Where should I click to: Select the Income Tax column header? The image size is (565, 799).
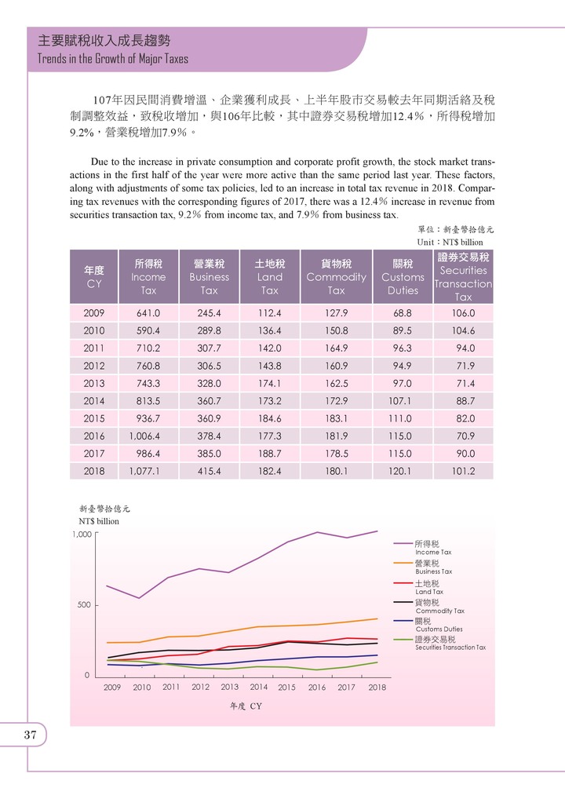point(148,276)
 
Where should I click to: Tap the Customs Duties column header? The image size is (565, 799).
point(403,276)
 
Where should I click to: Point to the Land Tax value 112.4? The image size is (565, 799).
point(269,313)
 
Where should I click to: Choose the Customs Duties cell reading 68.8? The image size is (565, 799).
point(403,313)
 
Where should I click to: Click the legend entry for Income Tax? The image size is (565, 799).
point(428,547)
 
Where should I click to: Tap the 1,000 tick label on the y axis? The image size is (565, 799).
point(82,534)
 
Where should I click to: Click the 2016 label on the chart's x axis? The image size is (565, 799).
point(316,688)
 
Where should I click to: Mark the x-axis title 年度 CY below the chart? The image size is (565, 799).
point(246,706)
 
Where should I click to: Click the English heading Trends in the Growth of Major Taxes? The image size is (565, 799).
point(108,59)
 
